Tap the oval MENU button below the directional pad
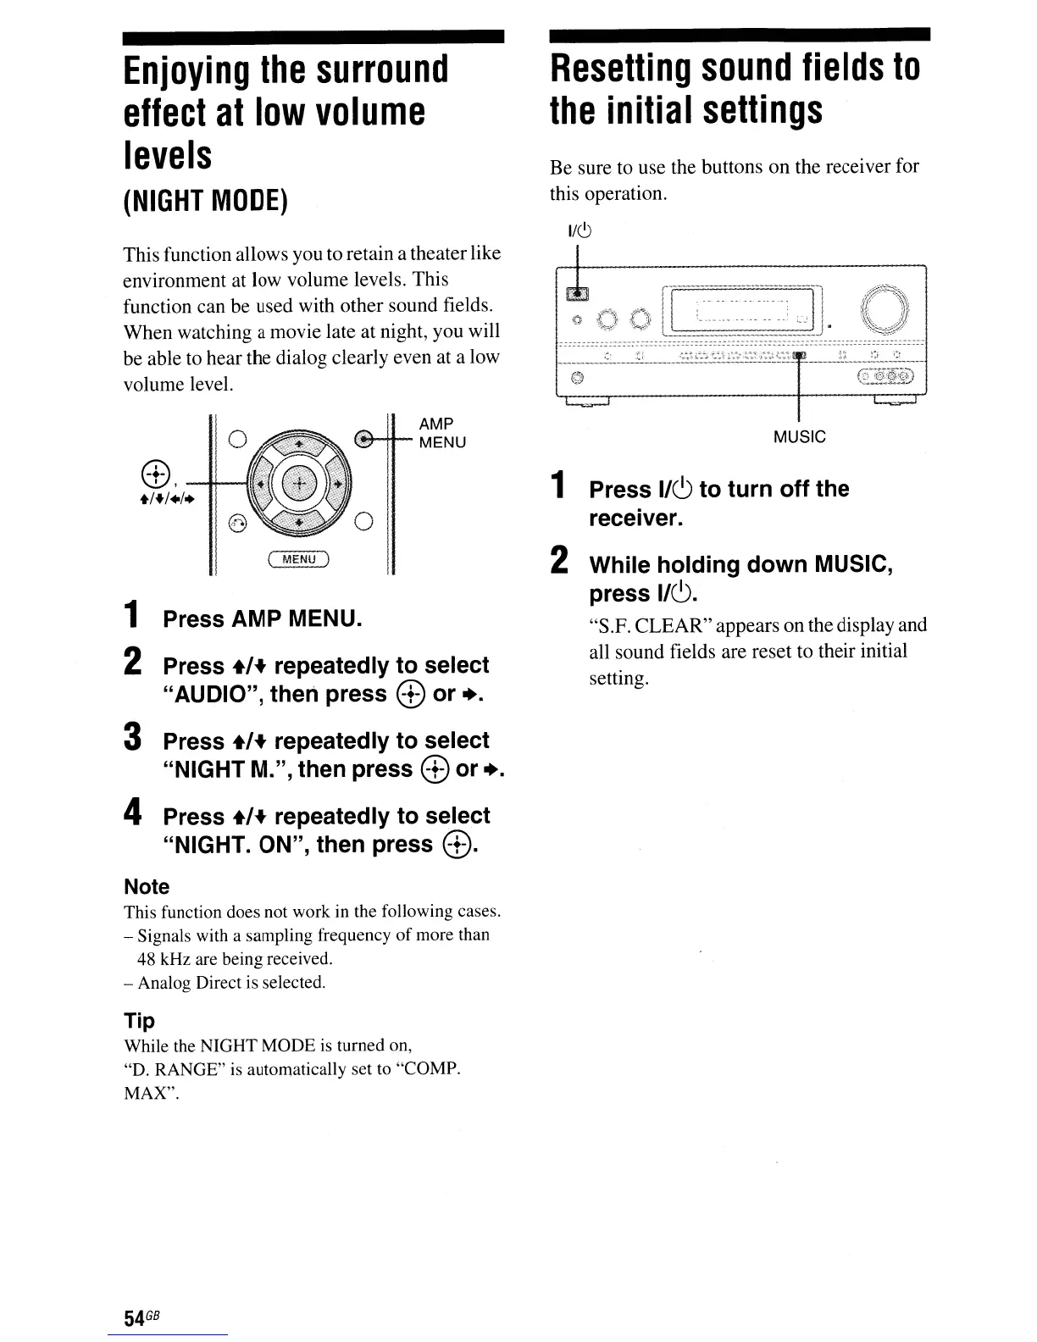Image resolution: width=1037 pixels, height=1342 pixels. tap(298, 559)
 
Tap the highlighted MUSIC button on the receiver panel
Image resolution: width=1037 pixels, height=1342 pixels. tap(799, 356)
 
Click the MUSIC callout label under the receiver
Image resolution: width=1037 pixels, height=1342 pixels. tap(799, 437)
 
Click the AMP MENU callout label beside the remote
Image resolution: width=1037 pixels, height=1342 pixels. tap(441, 433)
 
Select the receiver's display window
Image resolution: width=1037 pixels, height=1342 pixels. tap(742, 309)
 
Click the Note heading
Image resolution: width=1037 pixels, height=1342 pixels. tap(147, 887)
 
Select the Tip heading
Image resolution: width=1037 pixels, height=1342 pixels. tap(139, 1020)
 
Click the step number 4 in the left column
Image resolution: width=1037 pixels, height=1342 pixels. tap(133, 812)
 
